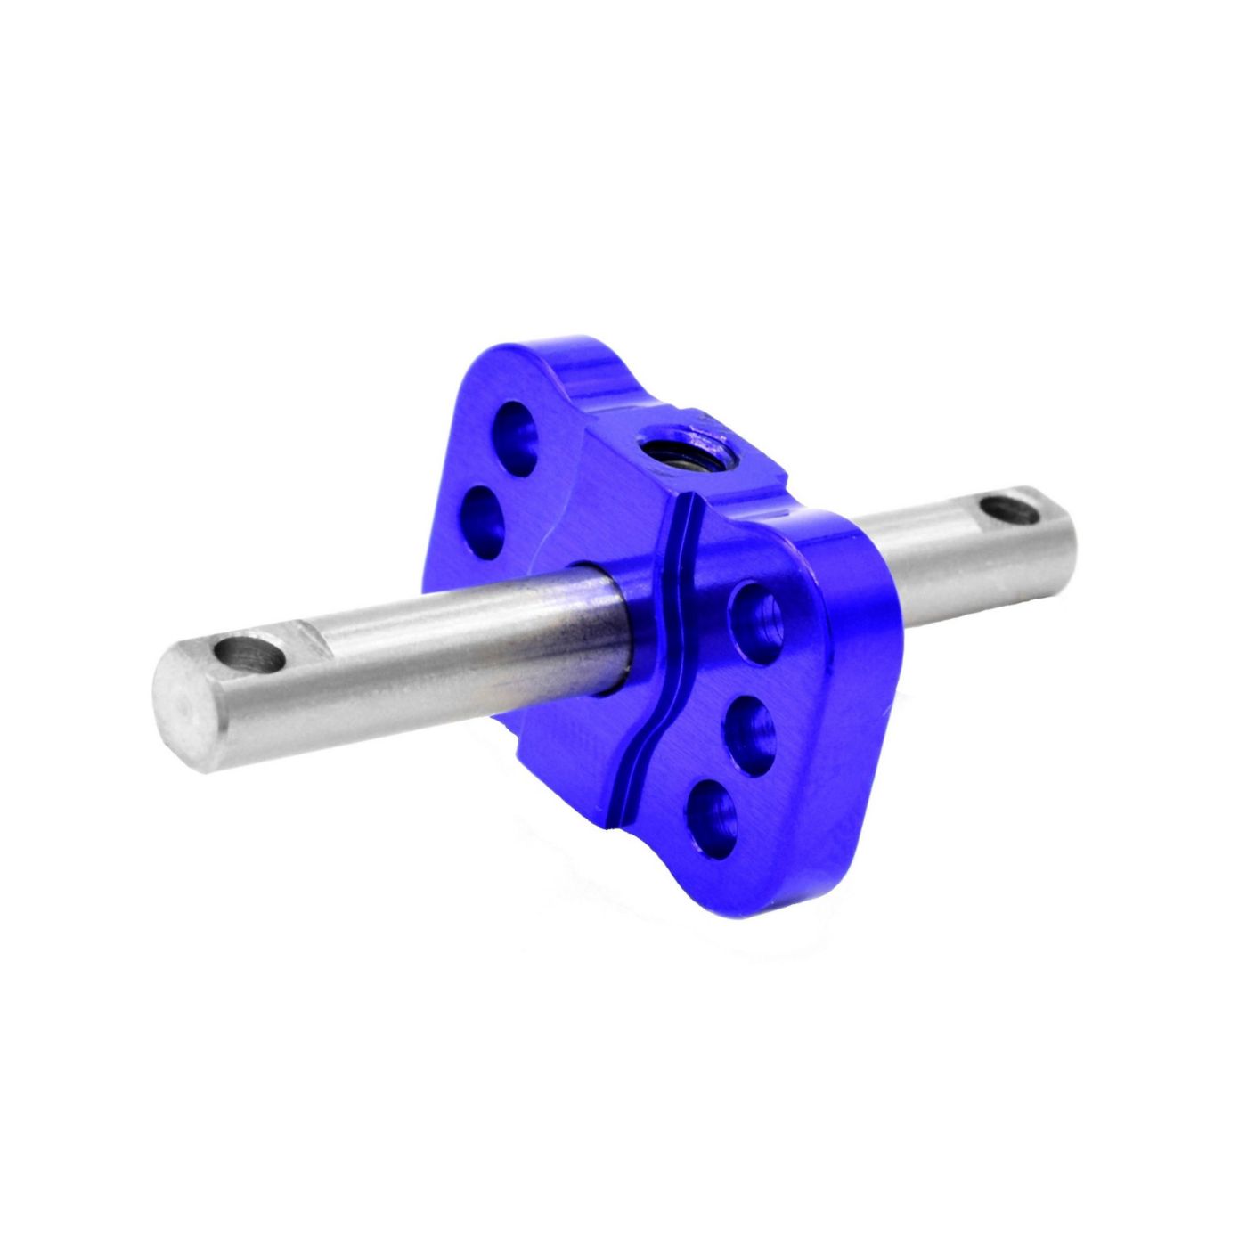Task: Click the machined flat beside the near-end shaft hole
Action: pyautogui.click(x=311, y=640)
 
